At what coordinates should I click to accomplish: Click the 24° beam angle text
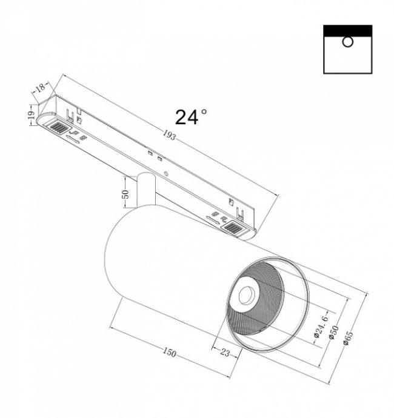(191, 117)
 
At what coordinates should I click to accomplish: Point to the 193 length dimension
(169, 137)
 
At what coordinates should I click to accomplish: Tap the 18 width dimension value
(41, 88)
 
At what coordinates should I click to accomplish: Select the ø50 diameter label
(333, 333)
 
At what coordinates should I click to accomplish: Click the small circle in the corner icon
(347, 42)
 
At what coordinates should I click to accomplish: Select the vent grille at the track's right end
(233, 228)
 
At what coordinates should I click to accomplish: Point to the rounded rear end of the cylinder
(112, 260)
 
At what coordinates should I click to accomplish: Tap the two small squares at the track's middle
(155, 156)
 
